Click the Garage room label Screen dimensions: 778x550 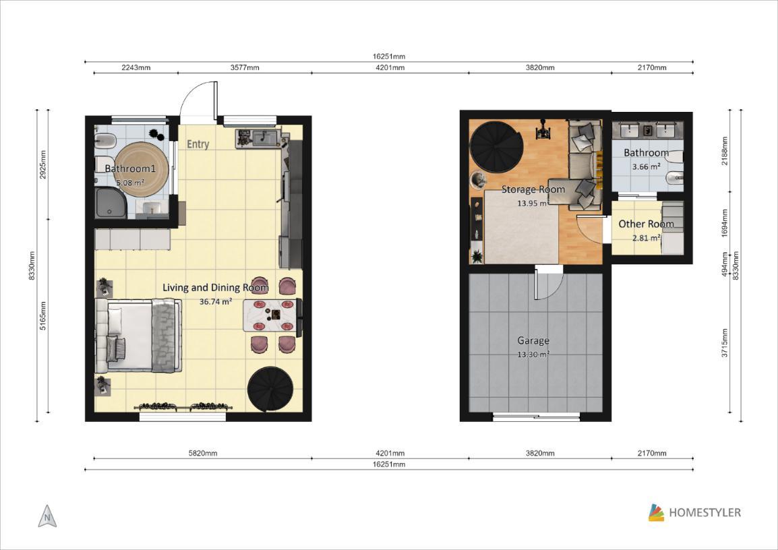pyautogui.click(x=533, y=340)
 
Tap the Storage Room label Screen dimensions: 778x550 pyautogui.click(x=533, y=189)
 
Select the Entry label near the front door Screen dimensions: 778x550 pyautogui.click(x=198, y=144)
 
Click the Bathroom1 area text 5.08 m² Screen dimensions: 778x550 pyautogui.click(x=130, y=183)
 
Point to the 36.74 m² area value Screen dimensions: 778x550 pyautogui.click(x=216, y=301)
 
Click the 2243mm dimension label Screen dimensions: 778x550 pyautogui.click(x=136, y=67)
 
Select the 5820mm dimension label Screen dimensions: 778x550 pyautogui.click(x=202, y=453)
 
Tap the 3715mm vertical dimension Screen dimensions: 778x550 pyautogui.click(x=725, y=342)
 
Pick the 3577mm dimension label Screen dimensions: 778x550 pyautogui.click(x=245, y=67)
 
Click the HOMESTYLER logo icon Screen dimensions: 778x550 pyautogui.click(x=656, y=513)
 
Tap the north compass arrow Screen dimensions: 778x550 pyautogui.click(x=47, y=516)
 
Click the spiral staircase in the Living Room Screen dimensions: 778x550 pyautogui.click(x=271, y=390)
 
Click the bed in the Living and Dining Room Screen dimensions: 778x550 pyautogui.click(x=139, y=335)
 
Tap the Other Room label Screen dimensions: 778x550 pyautogui.click(x=646, y=224)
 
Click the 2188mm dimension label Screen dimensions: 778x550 pyautogui.click(x=725, y=151)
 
